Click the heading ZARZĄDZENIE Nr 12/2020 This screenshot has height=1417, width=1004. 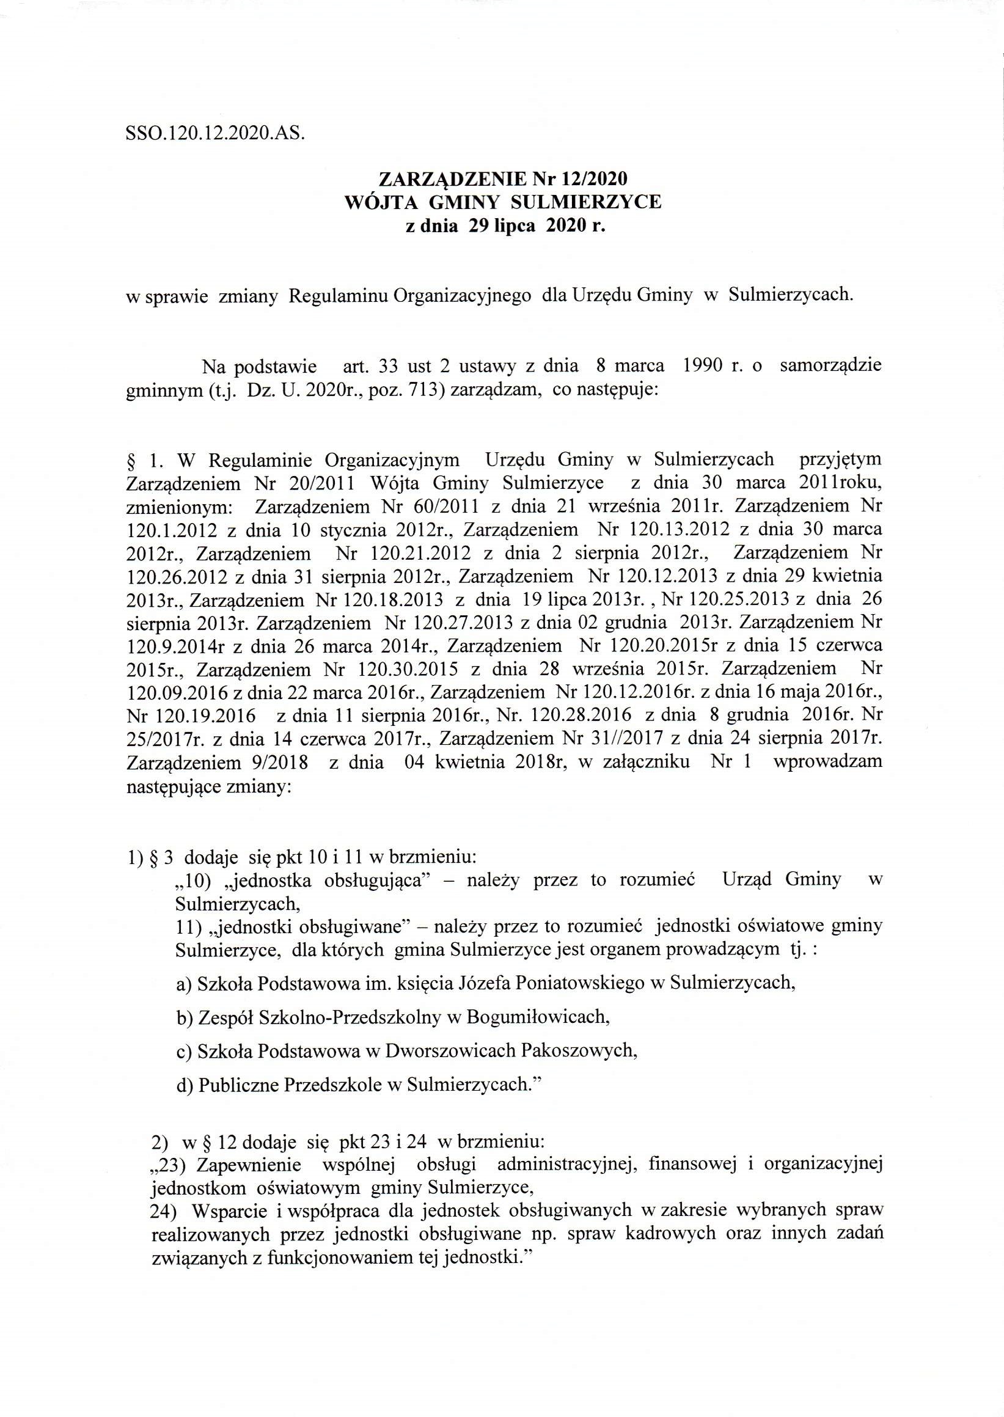(x=503, y=179)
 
